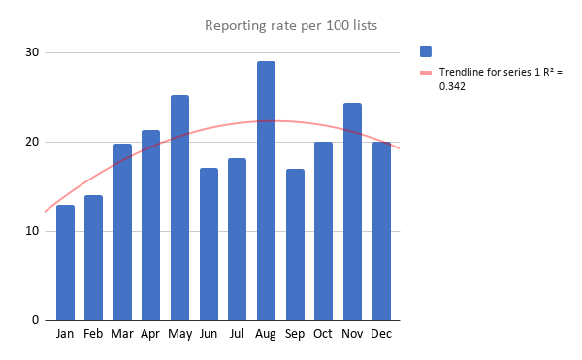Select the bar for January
[x=65, y=262]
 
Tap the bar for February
[x=94, y=257]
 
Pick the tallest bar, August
[x=266, y=190]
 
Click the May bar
[x=179, y=208]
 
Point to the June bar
[x=209, y=244]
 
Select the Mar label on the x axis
[x=122, y=335]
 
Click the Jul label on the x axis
[x=238, y=335]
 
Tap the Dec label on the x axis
[x=382, y=335]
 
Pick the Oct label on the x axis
[x=324, y=335]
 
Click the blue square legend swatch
[x=426, y=51]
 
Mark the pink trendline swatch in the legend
[x=426, y=73]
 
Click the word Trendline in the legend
[x=463, y=73]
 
